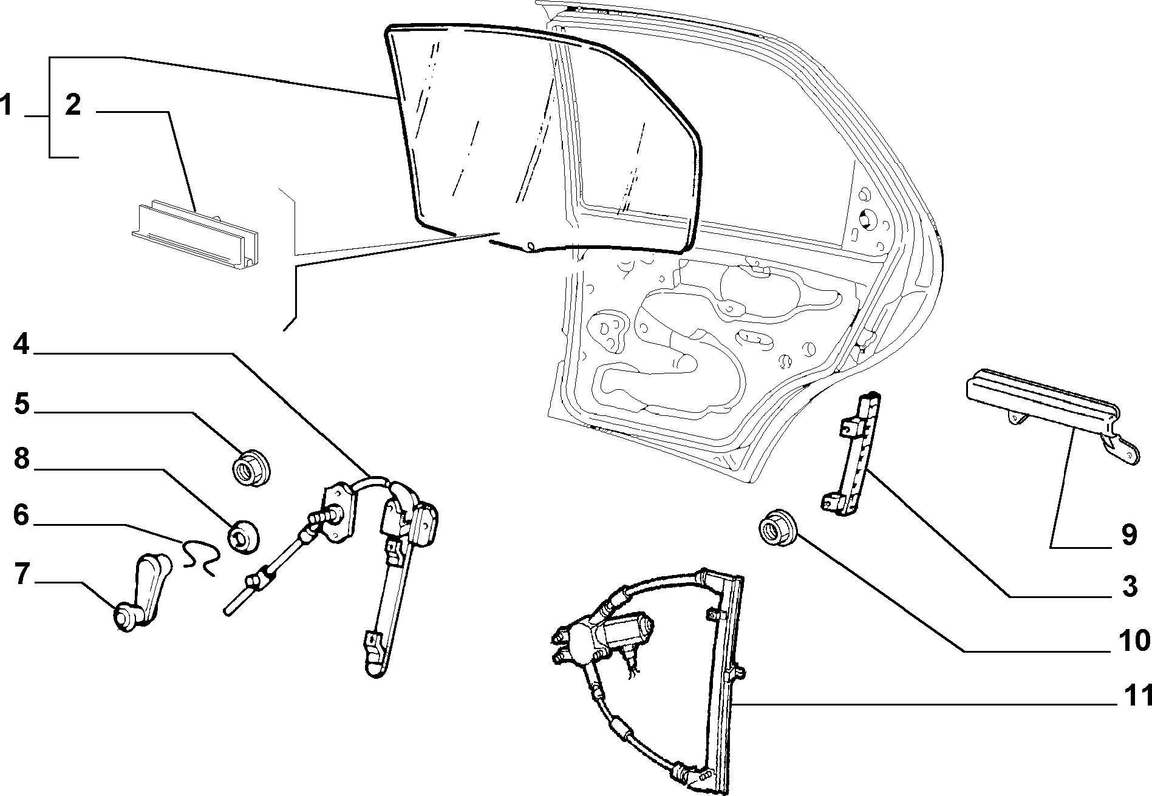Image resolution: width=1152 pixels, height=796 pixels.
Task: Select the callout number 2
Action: coord(72,106)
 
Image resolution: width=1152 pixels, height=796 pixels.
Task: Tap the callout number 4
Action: coord(21,344)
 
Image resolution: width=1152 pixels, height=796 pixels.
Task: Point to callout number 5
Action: coord(21,403)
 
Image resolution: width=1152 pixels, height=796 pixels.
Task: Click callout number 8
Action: coord(21,459)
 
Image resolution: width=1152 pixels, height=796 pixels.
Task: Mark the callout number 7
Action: coord(22,574)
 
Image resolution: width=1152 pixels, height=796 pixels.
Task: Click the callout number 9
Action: coord(1128,536)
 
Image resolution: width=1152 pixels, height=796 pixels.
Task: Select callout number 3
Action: coord(1129,587)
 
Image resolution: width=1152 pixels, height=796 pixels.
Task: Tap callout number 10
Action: coord(1133,640)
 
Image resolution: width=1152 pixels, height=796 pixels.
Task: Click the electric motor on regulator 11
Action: coord(625,632)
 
